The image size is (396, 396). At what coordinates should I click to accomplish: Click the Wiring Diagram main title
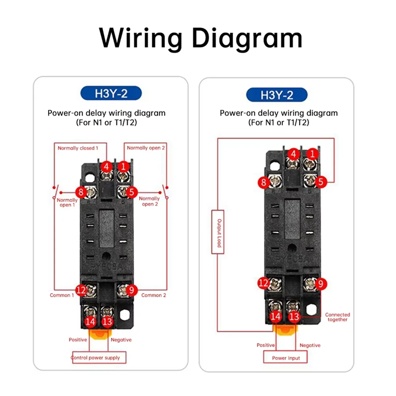pyautogui.click(x=200, y=38)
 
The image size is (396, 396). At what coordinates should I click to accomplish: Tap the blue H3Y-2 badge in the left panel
pyautogui.click(x=111, y=94)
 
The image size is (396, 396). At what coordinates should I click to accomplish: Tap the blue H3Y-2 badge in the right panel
pyautogui.click(x=277, y=95)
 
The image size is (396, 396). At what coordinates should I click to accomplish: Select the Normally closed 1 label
pyautogui.click(x=78, y=148)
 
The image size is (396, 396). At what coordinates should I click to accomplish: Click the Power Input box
pyautogui.click(x=286, y=358)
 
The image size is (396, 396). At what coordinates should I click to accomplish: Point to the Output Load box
pyautogui.click(x=218, y=232)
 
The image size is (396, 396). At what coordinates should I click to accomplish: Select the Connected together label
pyautogui.click(x=337, y=317)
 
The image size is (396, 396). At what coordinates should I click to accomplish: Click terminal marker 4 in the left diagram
pyautogui.click(x=106, y=167)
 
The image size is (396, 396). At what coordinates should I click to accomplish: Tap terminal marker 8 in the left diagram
pyautogui.click(x=81, y=192)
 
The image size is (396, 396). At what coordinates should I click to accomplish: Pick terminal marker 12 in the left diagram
pyautogui.click(x=81, y=290)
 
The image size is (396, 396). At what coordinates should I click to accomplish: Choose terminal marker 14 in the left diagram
pyautogui.click(x=90, y=321)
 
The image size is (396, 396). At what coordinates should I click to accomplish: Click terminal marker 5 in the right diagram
pyautogui.click(x=320, y=181)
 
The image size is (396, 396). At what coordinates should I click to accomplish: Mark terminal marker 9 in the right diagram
pyautogui.click(x=320, y=283)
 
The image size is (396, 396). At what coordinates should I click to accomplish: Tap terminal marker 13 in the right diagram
pyautogui.click(x=294, y=317)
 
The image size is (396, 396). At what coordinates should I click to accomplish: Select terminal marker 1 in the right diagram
pyautogui.click(x=313, y=154)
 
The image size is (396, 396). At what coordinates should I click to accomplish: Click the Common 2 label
pyautogui.click(x=153, y=295)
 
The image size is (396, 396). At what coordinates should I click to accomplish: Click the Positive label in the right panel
pyautogui.click(x=266, y=345)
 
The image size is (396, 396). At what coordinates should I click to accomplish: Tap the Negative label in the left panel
pyautogui.click(x=121, y=340)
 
